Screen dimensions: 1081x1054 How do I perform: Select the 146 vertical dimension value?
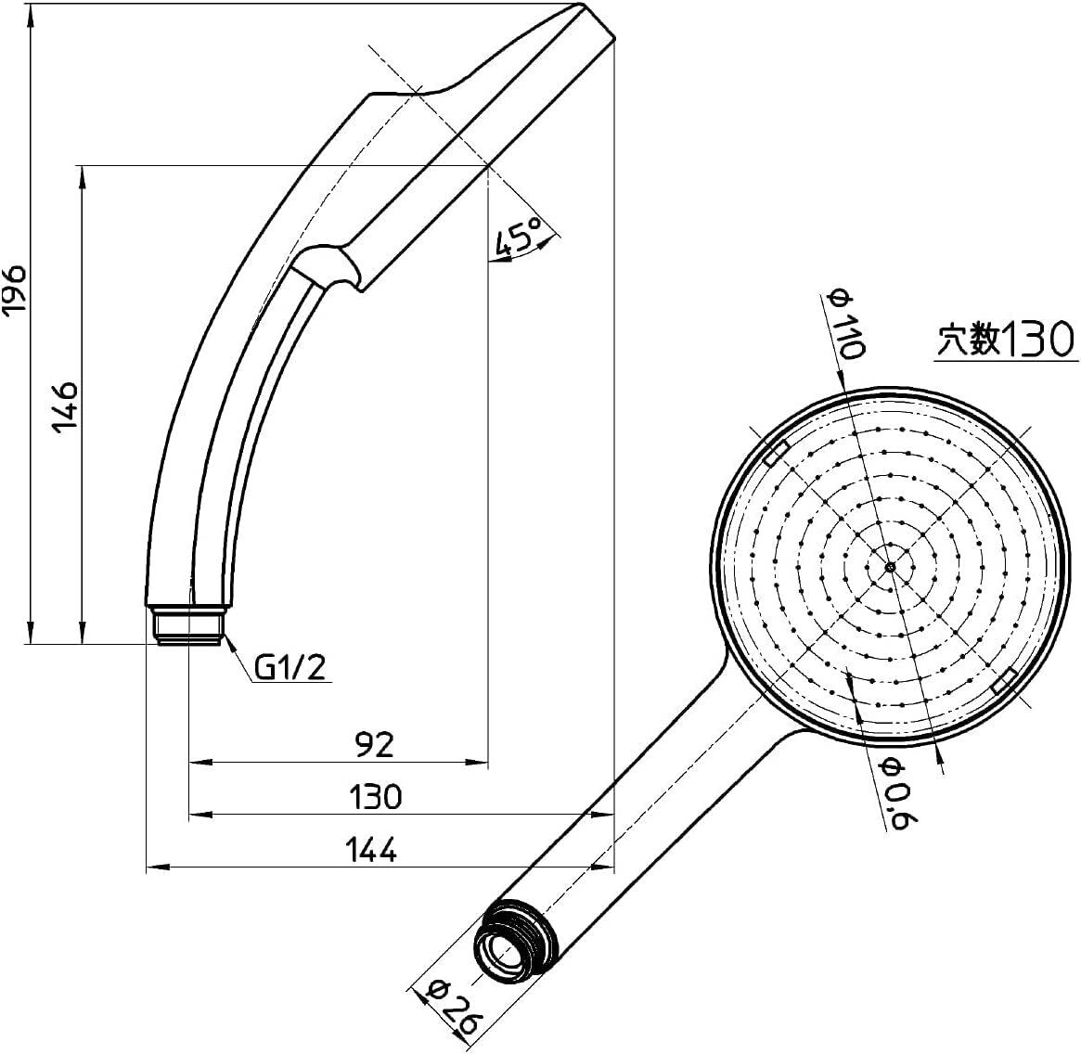coord(65,405)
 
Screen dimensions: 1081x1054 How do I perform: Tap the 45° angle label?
coord(517,238)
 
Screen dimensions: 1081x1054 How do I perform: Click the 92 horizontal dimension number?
coord(374,743)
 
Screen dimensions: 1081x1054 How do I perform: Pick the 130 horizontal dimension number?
coord(376,796)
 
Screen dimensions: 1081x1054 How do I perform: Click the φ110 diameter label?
coord(847,325)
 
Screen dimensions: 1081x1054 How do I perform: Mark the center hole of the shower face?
coord(889,566)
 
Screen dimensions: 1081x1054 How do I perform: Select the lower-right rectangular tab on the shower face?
coord(1003,681)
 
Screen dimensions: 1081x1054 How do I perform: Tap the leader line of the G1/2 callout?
coord(238,659)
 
